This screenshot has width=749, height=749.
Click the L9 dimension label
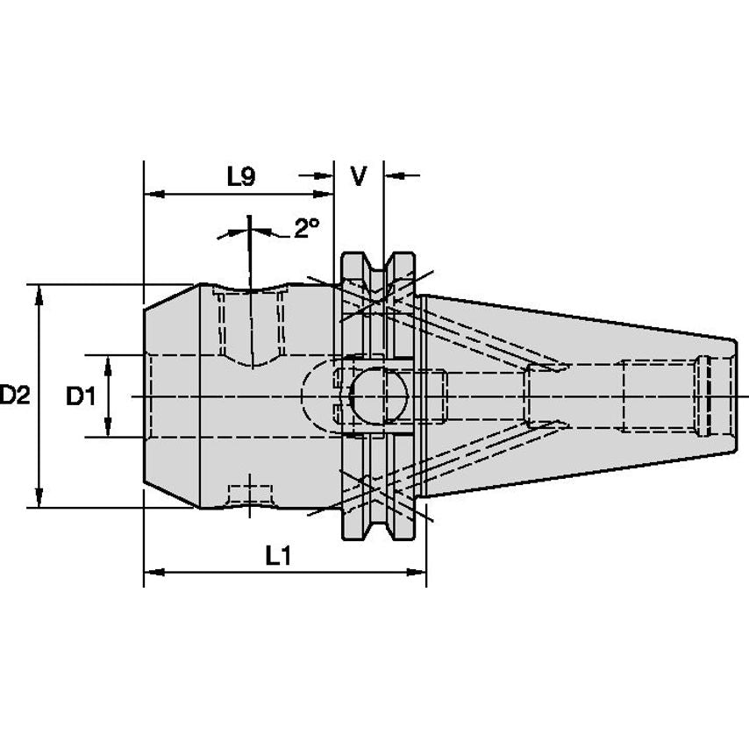(241, 177)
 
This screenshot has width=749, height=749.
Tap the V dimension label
(358, 176)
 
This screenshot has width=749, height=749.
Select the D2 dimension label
(15, 396)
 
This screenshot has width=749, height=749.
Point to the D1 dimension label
(81, 396)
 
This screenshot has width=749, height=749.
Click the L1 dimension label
(278, 556)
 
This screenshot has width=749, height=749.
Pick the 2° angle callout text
(306, 228)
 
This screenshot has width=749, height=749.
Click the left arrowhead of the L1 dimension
(154, 572)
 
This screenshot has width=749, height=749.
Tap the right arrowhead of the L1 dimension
(416, 572)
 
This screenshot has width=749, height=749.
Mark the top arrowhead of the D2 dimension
(39, 296)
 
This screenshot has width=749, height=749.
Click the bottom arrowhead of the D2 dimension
(39, 497)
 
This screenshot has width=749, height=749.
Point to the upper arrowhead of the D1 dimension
(108, 366)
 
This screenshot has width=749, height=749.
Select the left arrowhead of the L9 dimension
(154, 195)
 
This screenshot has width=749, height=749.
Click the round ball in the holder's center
(379, 396)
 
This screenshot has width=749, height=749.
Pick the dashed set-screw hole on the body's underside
(250, 496)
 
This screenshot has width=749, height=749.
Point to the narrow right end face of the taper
(735, 396)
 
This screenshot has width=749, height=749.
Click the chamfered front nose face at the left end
(172, 396)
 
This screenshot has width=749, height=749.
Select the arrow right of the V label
(403, 175)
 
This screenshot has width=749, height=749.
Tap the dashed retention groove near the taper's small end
(703, 396)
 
